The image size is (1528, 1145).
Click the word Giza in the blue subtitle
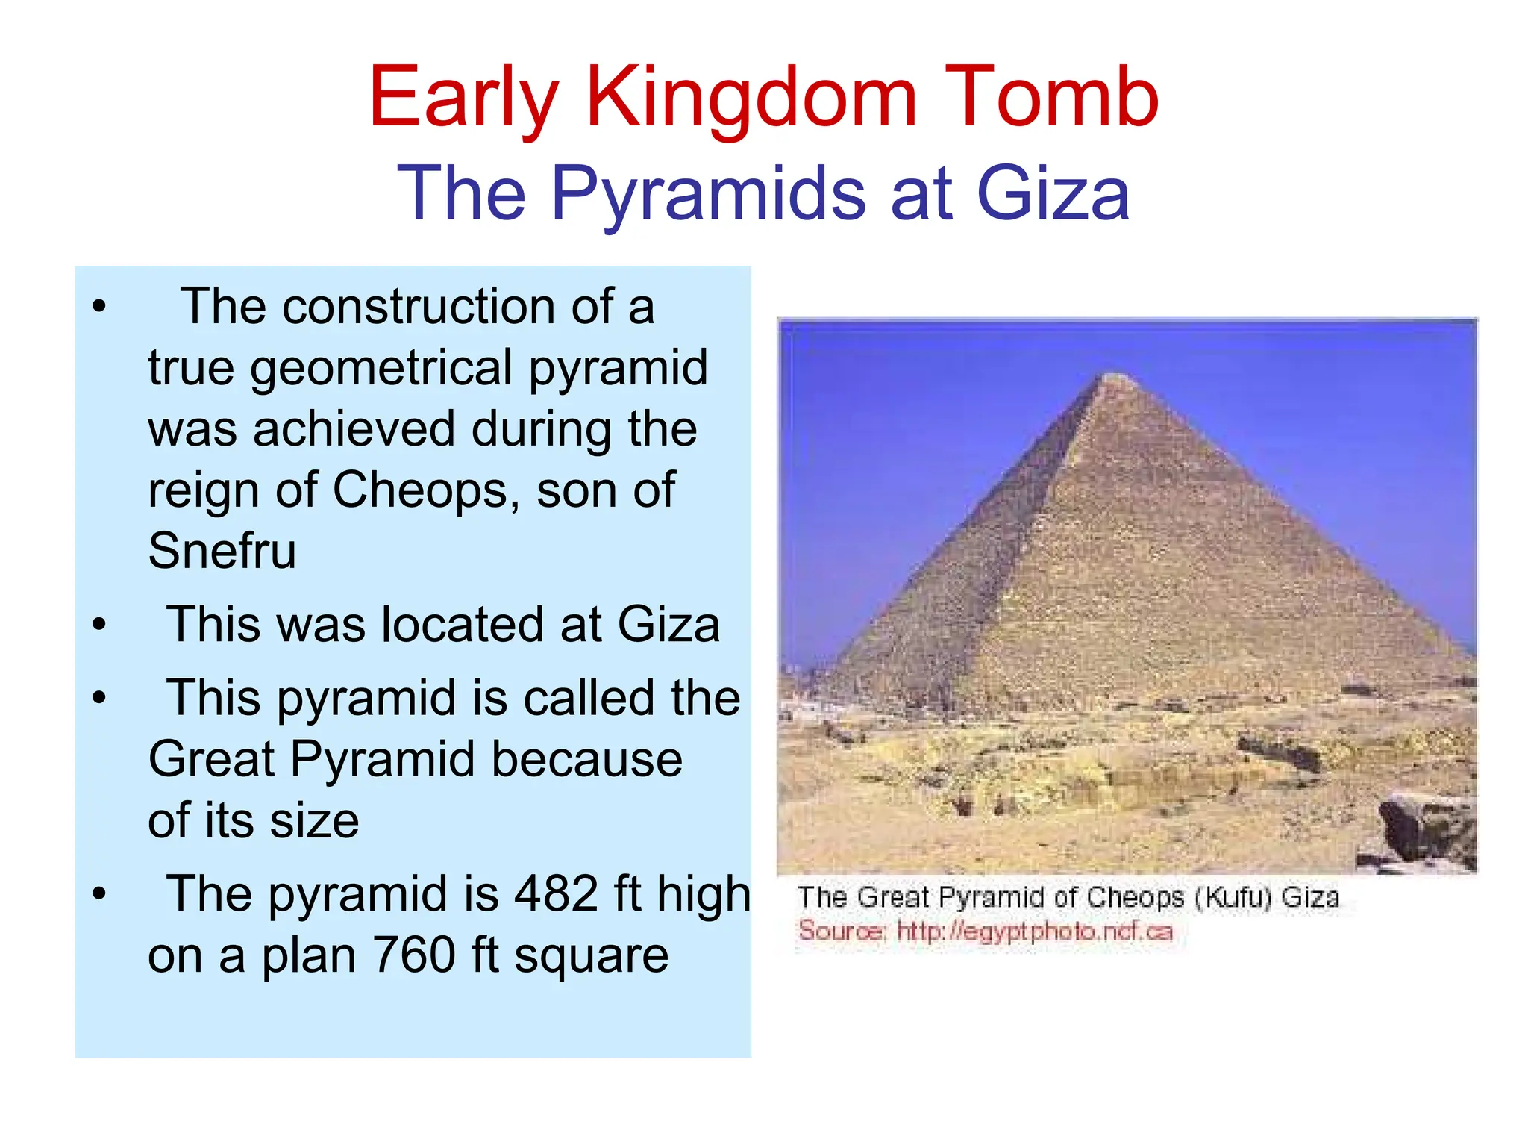1053,194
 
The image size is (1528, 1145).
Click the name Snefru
222,551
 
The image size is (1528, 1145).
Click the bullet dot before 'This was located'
99,624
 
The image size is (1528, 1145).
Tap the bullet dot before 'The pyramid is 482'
99,893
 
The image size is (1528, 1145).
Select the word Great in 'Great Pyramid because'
211,759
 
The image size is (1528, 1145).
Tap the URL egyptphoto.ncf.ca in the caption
1034,932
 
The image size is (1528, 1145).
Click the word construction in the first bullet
419,307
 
